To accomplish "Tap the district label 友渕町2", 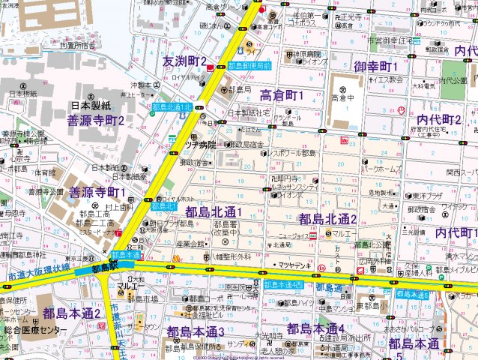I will click(185, 60).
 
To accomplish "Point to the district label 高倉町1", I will click(281, 94).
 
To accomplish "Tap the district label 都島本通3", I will click(196, 331).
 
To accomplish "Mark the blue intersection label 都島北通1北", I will click(172, 108).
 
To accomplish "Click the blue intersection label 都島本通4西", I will click(283, 284).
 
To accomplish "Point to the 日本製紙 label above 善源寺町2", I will click(91, 106).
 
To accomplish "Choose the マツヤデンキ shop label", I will click(294, 265).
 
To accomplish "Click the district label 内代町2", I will click(438, 119).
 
